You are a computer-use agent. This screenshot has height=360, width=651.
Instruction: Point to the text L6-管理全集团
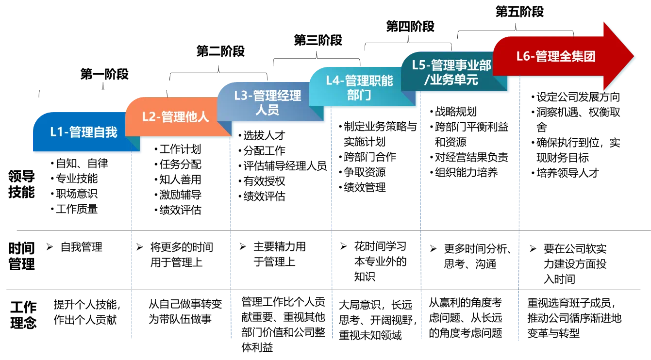555,56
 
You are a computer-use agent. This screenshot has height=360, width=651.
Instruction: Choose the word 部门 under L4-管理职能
359,95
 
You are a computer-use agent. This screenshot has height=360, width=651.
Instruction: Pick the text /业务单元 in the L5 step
451,80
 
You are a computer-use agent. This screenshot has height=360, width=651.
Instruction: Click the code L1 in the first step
57,132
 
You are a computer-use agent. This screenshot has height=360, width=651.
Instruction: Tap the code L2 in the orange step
149,117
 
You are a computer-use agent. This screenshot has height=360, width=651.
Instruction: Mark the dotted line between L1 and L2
132,243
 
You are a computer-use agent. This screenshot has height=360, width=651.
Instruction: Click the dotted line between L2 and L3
231,243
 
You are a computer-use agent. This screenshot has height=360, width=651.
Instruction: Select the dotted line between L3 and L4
332,233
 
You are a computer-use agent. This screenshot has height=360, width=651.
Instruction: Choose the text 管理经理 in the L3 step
277,96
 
